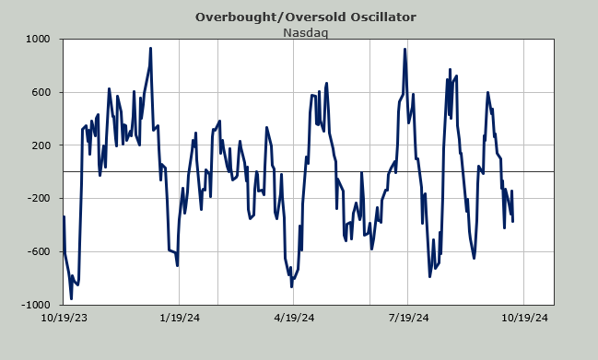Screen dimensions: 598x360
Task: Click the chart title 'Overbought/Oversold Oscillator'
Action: (306, 17)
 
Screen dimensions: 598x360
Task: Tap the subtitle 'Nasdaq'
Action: (306, 33)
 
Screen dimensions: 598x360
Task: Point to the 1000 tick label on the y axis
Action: (38, 39)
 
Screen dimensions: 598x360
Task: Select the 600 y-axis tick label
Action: (41, 92)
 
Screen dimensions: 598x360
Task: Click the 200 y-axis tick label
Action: (41, 145)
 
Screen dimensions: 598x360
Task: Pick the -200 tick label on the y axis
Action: (39, 199)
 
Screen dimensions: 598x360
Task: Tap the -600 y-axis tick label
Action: (39, 251)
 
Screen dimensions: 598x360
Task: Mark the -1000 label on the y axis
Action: (36, 305)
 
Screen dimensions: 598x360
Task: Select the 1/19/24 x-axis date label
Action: (180, 318)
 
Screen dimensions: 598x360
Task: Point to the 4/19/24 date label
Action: (294, 318)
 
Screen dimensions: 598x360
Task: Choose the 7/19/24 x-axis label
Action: (408, 318)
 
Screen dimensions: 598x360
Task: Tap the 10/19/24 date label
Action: (524, 318)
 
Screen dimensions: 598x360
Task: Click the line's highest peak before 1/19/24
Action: (150, 49)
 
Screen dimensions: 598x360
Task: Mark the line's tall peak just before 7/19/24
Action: (405, 49)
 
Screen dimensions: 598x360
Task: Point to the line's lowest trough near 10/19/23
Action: (71, 298)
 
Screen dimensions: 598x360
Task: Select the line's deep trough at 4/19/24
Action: (292, 286)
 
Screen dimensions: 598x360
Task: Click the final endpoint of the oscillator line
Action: (513, 221)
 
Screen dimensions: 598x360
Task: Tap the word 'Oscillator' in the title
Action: (383, 17)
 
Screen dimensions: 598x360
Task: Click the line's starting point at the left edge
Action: (64, 216)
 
